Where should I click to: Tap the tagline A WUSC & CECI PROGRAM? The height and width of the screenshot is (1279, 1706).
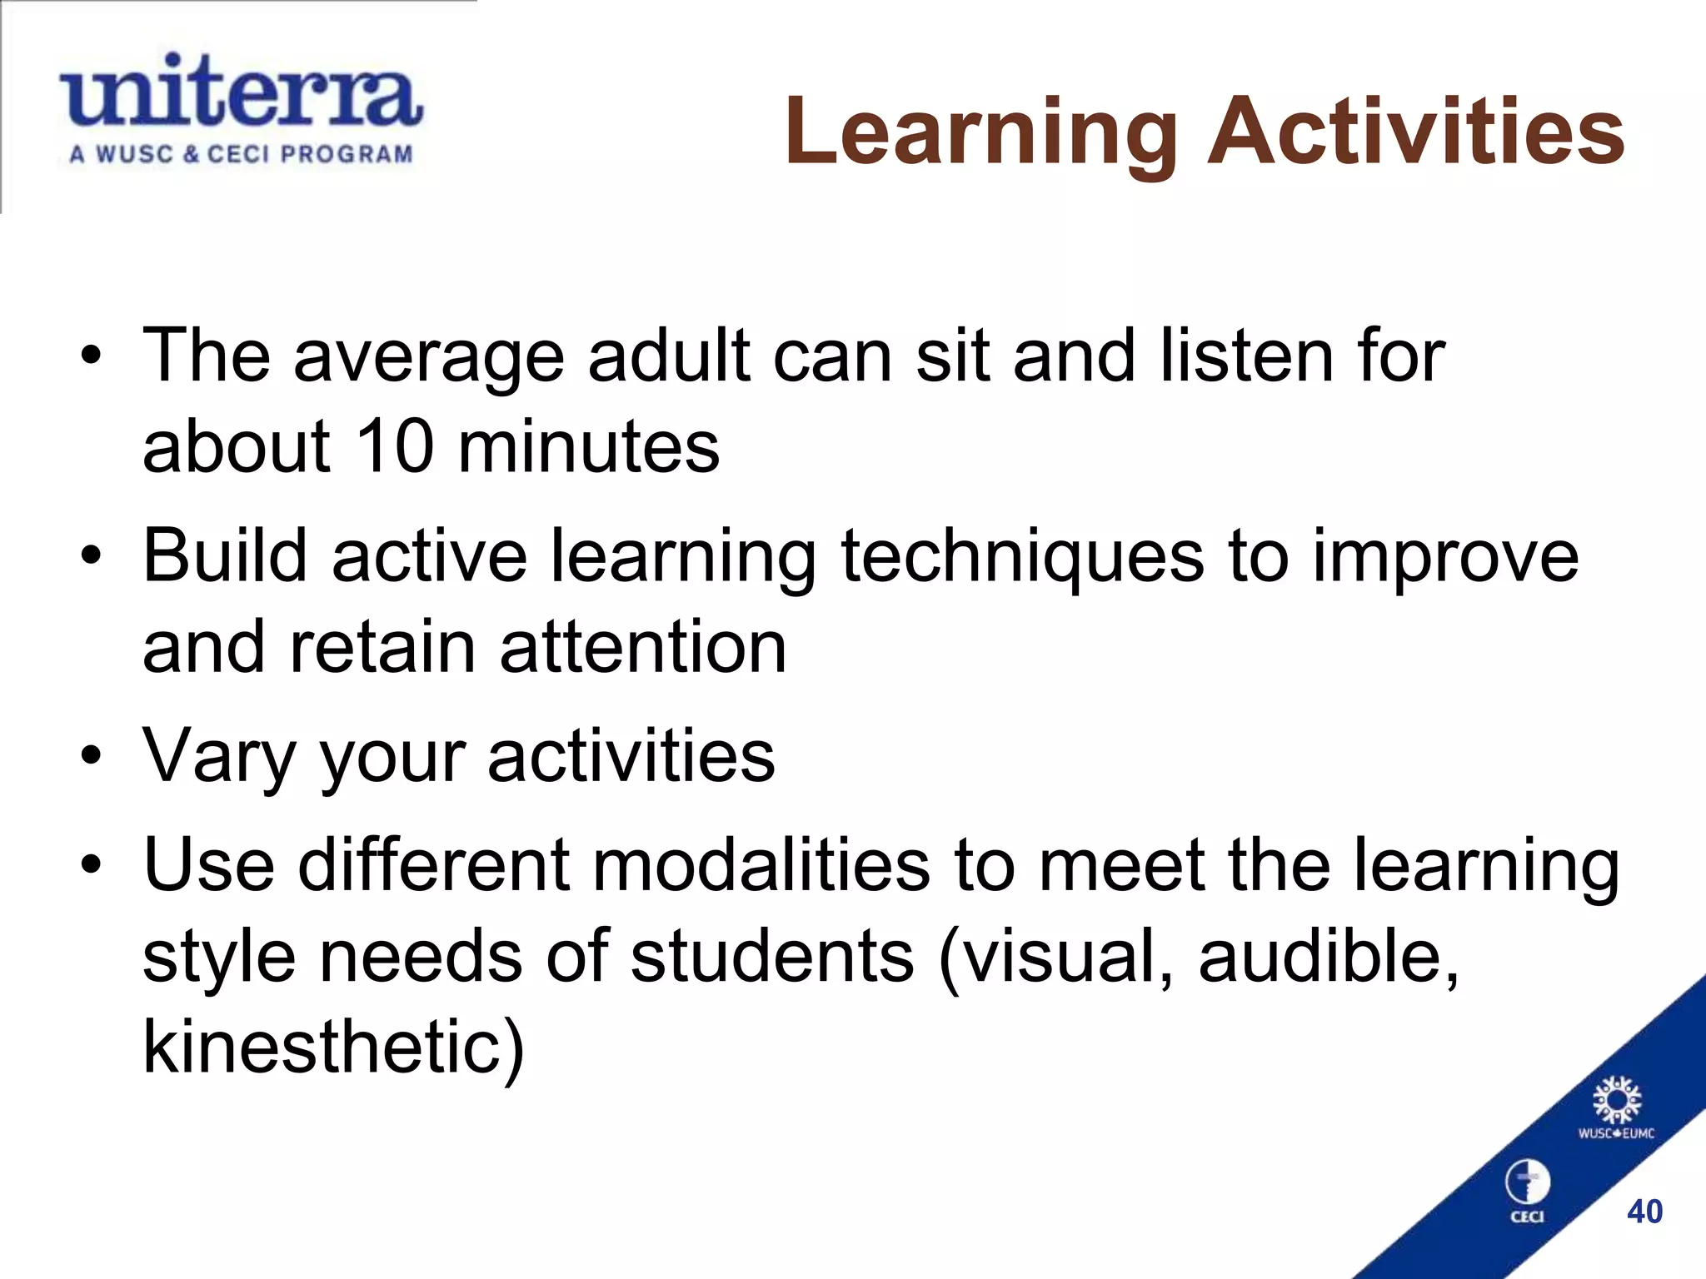(x=241, y=155)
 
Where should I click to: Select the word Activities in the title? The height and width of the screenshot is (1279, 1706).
(x=1416, y=132)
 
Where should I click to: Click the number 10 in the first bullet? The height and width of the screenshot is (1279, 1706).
(x=394, y=446)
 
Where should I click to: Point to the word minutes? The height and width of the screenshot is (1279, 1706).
(x=588, y=446)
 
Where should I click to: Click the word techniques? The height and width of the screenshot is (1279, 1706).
(x=1022, y=556)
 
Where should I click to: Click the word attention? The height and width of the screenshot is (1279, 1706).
(x=643, y=648)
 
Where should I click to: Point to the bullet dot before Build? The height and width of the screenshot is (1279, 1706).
(x=91, y=555)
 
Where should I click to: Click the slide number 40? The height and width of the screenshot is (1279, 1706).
(x=1644, y=1212)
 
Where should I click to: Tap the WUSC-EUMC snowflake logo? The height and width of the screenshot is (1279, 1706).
(x=1617, y=1101)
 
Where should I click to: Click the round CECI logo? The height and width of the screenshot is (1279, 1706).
(x=1527, y=1183)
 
